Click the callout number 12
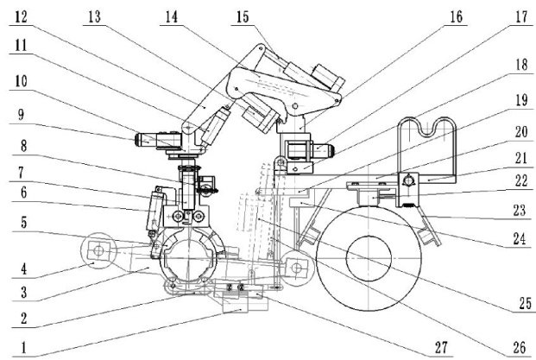coord(22,16)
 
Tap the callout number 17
coord(521,16)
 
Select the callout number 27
coord(441,347)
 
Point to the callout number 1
coord(23,348)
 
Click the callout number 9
coord(22,115)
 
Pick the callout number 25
coord(526,304)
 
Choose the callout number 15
coord(243,17)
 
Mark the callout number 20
coord(521,132)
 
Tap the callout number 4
coord(23,268)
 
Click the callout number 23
coord(520,211)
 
